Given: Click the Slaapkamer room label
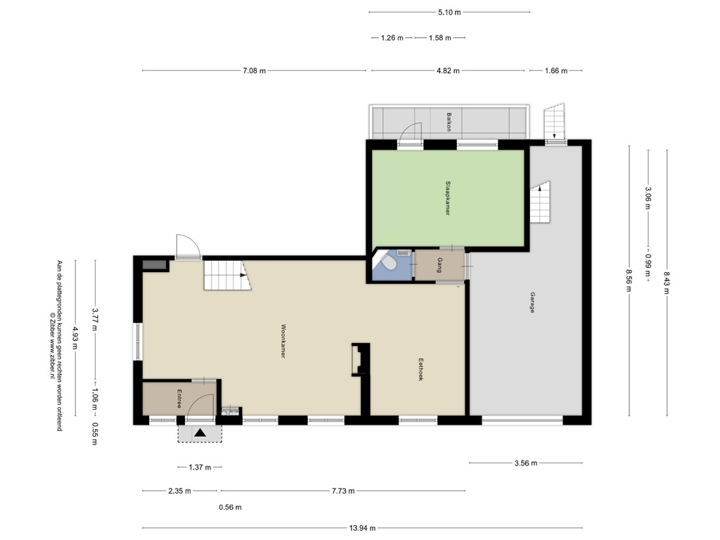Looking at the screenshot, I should point(447,199).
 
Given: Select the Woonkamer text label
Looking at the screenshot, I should point(283,341).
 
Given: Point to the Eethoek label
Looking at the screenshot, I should point(420,370).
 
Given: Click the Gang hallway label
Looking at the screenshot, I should point(439,266).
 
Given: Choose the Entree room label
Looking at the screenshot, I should point(180,399).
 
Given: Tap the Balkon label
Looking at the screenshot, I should point(447,122).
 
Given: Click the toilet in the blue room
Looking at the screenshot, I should point(387,264).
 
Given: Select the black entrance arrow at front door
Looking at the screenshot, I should point(200,433).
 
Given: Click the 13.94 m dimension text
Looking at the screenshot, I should point(362,528).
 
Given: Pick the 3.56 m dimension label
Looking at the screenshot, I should point(525,463).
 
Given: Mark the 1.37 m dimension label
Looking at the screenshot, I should point(200,468).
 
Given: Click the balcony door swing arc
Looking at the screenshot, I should point(409,131).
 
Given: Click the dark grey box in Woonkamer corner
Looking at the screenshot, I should point(154,265).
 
